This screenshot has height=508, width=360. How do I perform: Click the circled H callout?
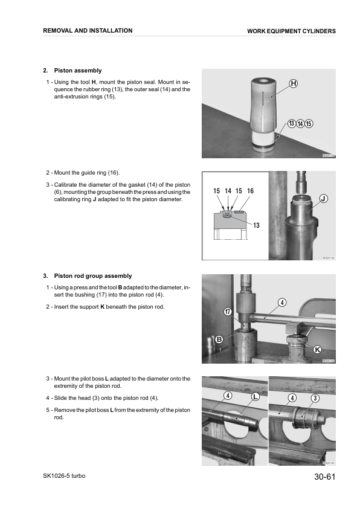pos(293,84)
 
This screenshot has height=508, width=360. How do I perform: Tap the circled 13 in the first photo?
pos(292,124)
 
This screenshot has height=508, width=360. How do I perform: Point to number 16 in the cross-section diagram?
pos(250,191)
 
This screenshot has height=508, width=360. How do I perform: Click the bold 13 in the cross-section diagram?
pos(256,225)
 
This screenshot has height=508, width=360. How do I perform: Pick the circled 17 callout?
pos(228,312)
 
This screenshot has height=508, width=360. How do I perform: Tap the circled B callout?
pos(220,340)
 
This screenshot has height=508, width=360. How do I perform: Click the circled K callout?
pos(317,350)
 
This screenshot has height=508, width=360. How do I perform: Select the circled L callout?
pos(255,397)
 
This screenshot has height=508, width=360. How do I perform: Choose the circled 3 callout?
pos(315,397)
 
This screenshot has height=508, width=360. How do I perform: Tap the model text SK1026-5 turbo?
pos(64,477)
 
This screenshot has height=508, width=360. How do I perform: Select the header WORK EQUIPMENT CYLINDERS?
pos(291,31)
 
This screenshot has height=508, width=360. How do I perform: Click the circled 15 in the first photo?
pos(309,124)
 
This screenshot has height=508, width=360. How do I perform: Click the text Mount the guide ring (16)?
pos(91,173)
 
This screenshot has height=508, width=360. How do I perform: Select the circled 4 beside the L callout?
pos(228,396)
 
